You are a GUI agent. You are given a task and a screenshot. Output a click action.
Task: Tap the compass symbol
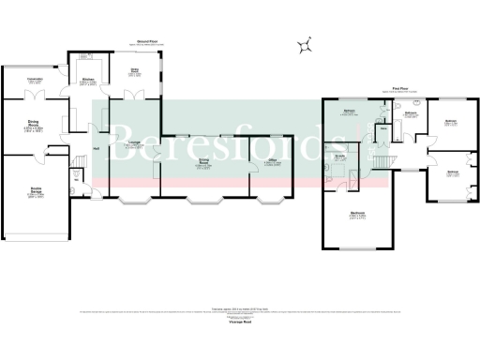point(306,44)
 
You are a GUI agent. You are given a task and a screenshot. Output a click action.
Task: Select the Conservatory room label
point(35,79)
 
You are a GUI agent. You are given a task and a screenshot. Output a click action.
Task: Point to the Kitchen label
point(87,80)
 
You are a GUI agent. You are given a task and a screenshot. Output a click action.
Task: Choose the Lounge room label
point(134,142)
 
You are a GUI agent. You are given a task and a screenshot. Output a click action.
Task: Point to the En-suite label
point(340,157)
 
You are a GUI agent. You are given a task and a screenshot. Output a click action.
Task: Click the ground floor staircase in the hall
point(77,170)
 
